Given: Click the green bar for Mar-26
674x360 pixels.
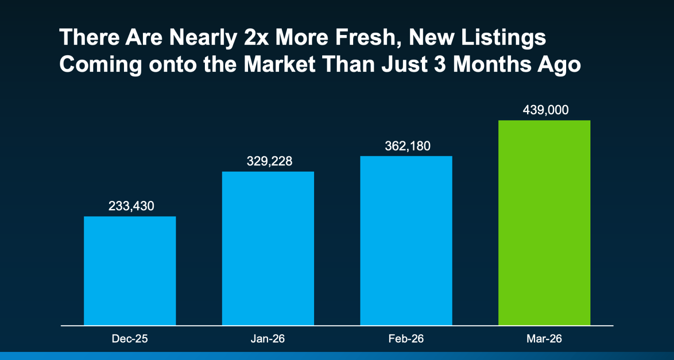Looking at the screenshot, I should point(544,222).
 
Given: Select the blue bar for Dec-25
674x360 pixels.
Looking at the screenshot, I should point(130,271).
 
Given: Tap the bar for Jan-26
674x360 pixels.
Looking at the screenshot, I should point(268,248).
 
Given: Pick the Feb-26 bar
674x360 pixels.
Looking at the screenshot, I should point(406,240).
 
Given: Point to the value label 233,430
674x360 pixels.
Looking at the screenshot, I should point(131,206).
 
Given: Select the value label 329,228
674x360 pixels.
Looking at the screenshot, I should point(269,161).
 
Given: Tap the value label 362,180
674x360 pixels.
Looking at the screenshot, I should point(408,146).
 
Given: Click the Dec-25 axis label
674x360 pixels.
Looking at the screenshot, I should point(130,338).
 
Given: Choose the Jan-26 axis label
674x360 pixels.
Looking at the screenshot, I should point(268,338).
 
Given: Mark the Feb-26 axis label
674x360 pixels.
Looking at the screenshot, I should point(406,338).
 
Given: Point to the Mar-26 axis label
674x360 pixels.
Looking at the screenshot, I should point(544,338).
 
